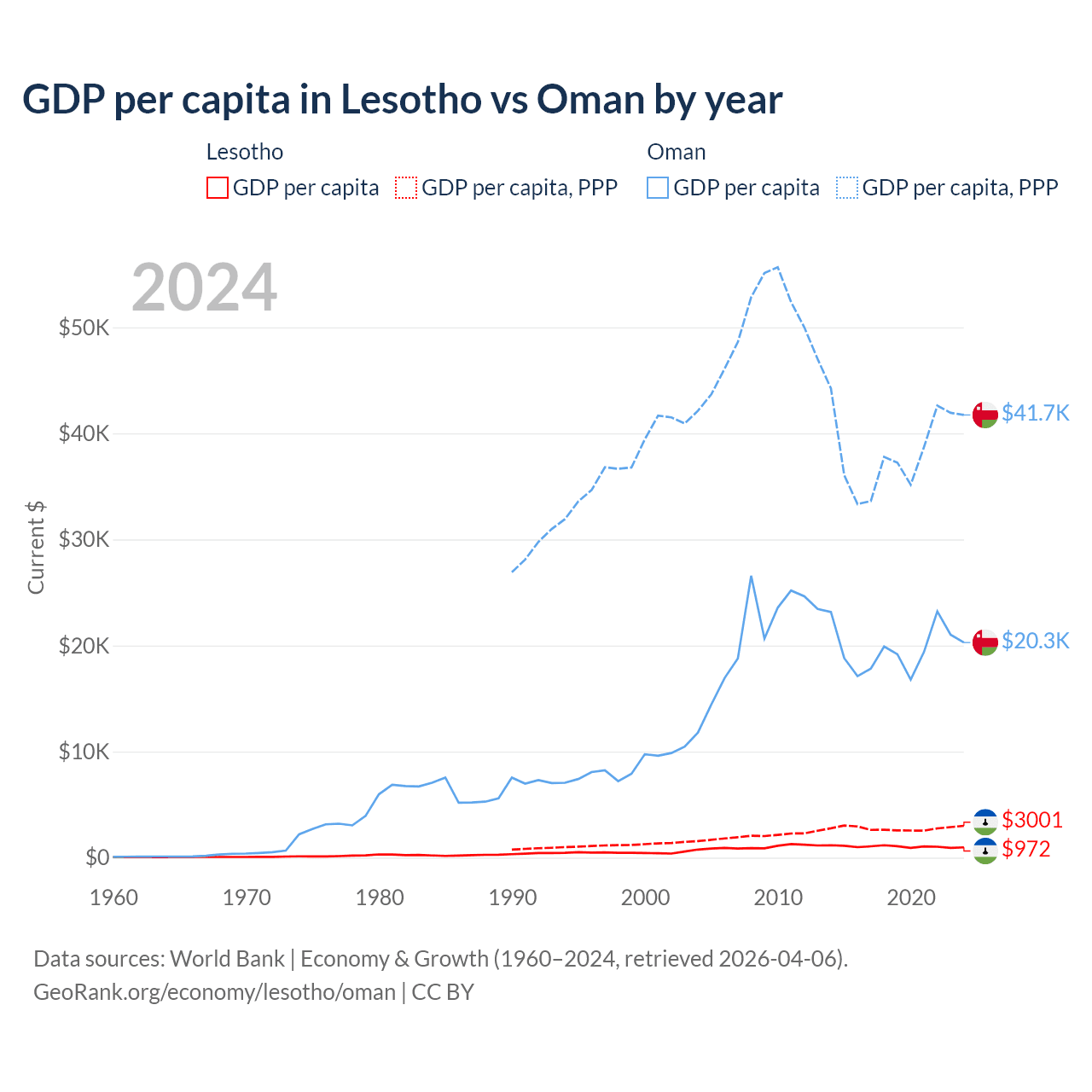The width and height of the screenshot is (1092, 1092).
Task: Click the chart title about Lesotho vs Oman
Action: tap(402, 100)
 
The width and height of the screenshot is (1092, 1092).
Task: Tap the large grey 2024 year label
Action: tap(204, 288)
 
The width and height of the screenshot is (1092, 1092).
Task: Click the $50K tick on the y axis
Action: tap(84, 328)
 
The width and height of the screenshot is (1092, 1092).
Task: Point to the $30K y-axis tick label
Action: tap(84, 539)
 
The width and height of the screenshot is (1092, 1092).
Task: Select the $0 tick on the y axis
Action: tap(97, 857)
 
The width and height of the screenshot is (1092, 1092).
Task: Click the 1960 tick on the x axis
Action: tap(114, 897)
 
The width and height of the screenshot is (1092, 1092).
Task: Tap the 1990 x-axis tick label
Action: tap(513, 897)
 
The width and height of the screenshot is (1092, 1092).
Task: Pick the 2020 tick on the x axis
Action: tap(911, 897)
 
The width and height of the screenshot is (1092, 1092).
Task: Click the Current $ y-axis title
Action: tap(36, 548)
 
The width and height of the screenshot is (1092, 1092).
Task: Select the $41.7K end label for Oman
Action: tap(1035, 413)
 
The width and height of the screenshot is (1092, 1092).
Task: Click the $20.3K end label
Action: tap(1035, 641)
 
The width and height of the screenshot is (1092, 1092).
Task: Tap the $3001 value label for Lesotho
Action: tap(1032, 820)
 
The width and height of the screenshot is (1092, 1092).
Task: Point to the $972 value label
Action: tap(1025, 849)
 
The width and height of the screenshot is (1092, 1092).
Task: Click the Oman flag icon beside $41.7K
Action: tap(985, 414)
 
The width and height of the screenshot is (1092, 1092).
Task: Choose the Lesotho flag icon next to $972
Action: tap(985, 851)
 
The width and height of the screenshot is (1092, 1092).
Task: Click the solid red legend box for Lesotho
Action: tap(218, 188)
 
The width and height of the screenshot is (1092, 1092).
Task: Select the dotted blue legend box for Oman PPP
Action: tap(847, 188)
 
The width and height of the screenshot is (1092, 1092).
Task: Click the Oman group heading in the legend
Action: tap(677, 152)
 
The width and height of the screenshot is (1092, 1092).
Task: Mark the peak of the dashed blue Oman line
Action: tap(777, 267)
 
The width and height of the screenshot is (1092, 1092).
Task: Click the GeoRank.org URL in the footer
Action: tap(214, 992)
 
